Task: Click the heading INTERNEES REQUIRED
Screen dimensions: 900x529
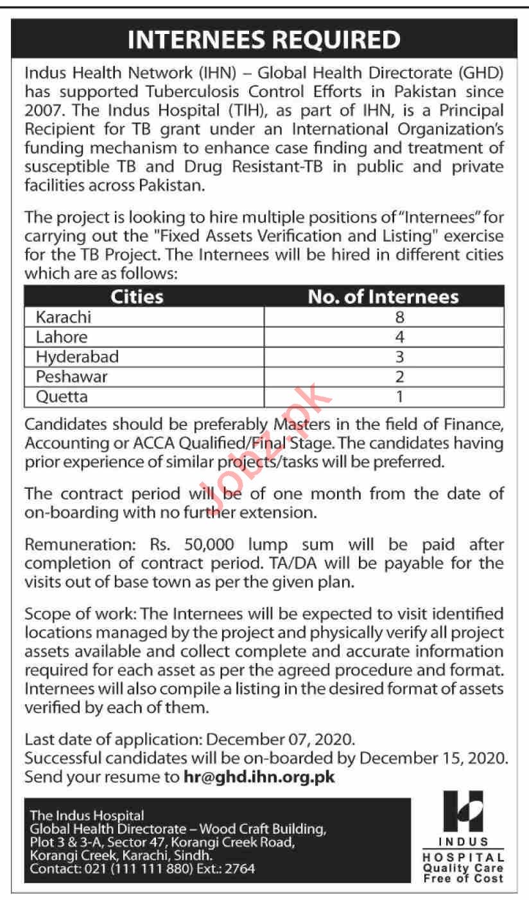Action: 264,40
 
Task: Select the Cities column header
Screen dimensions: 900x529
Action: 137,296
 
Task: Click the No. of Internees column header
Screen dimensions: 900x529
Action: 383,296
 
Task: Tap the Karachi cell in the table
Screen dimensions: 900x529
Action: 64,317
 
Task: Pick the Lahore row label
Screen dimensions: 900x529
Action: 62,337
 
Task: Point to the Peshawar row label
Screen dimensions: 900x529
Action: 72,376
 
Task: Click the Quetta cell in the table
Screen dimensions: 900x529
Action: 62,396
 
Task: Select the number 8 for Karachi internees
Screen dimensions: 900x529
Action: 401,317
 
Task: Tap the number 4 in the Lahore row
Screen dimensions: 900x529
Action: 401,337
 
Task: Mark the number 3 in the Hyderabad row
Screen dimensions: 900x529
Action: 401,356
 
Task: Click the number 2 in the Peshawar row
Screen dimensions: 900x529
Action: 401,376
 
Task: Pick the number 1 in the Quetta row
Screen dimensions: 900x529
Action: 401,396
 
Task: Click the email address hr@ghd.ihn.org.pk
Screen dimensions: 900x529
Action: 259,776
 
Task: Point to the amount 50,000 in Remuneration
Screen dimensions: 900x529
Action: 207,545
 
